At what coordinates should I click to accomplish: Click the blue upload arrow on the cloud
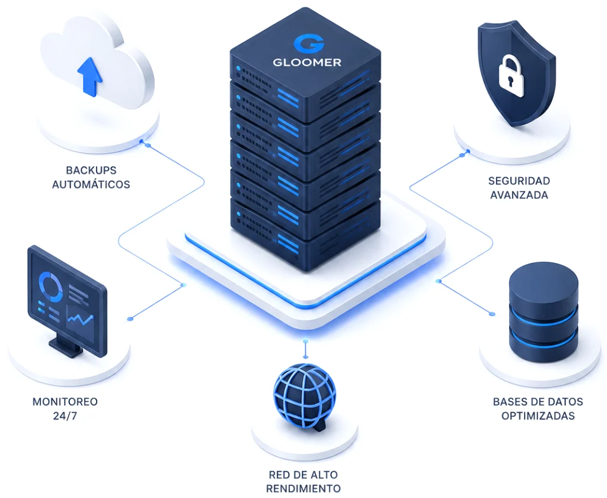(90, 77)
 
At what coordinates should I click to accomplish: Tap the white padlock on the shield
(511, 77)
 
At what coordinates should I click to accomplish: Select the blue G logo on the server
(308, 43)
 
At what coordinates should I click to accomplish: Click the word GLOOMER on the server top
(307, 62)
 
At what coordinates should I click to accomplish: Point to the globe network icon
(305, 397)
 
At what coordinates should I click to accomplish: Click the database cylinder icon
(544, 312)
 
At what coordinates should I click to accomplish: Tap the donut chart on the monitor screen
(51, 287)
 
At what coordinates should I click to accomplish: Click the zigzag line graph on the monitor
(81, 319)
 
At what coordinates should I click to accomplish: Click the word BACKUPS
(91, 170)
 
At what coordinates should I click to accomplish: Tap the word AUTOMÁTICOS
(91, 184)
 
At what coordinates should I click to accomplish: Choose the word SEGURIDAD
(519, 180)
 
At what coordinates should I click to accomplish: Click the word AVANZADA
(519, 195)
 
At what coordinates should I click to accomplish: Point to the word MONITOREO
(65, 401)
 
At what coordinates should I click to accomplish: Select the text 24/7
(65, 416)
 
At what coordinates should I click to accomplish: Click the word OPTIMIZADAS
(538, 416)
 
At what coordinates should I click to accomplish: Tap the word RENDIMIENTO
(303, 489)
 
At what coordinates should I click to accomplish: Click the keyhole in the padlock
(510, 81)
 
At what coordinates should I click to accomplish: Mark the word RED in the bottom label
(279, 475)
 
